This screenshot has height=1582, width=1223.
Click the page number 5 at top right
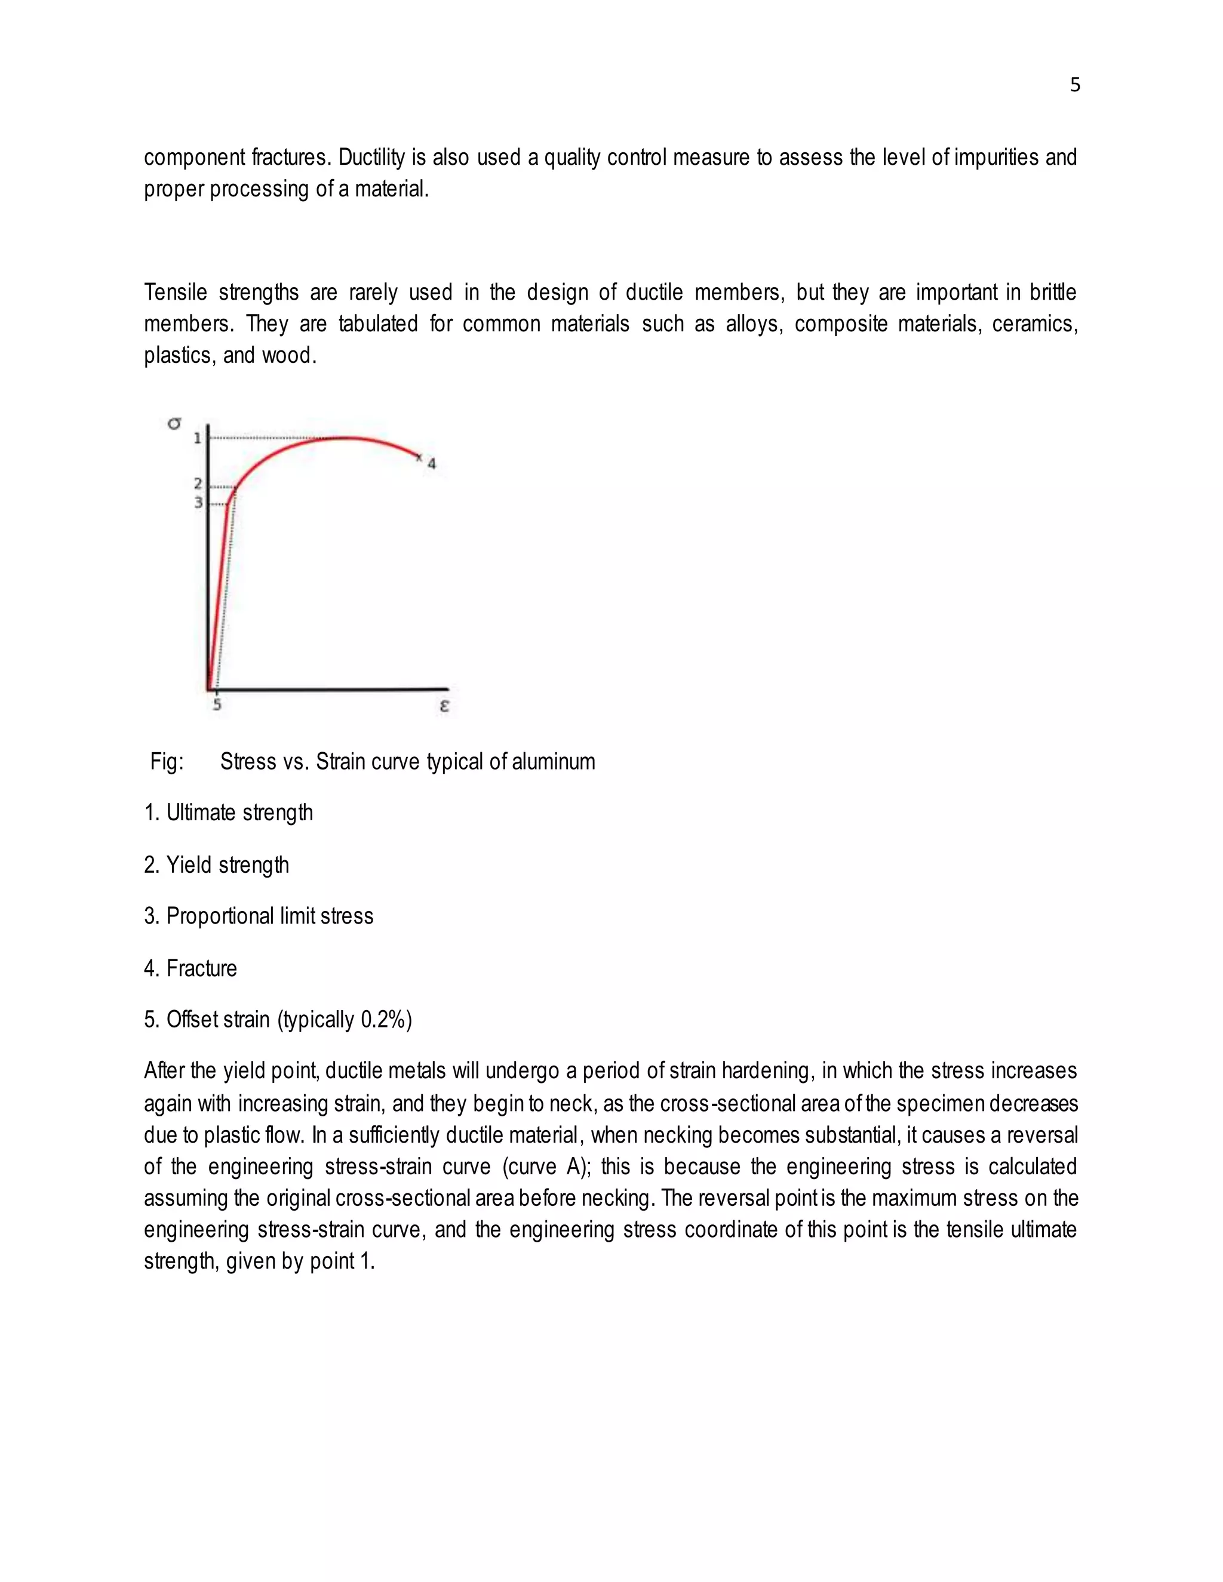1074,85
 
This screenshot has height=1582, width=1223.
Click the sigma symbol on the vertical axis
174,423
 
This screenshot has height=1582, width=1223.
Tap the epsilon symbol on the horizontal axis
444,705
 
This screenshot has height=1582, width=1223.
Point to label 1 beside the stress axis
197,438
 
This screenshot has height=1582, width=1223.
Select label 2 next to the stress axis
197,484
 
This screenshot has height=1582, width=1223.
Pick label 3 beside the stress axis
197,503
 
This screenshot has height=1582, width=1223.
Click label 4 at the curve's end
432,464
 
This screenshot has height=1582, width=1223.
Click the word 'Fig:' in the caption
167,762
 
